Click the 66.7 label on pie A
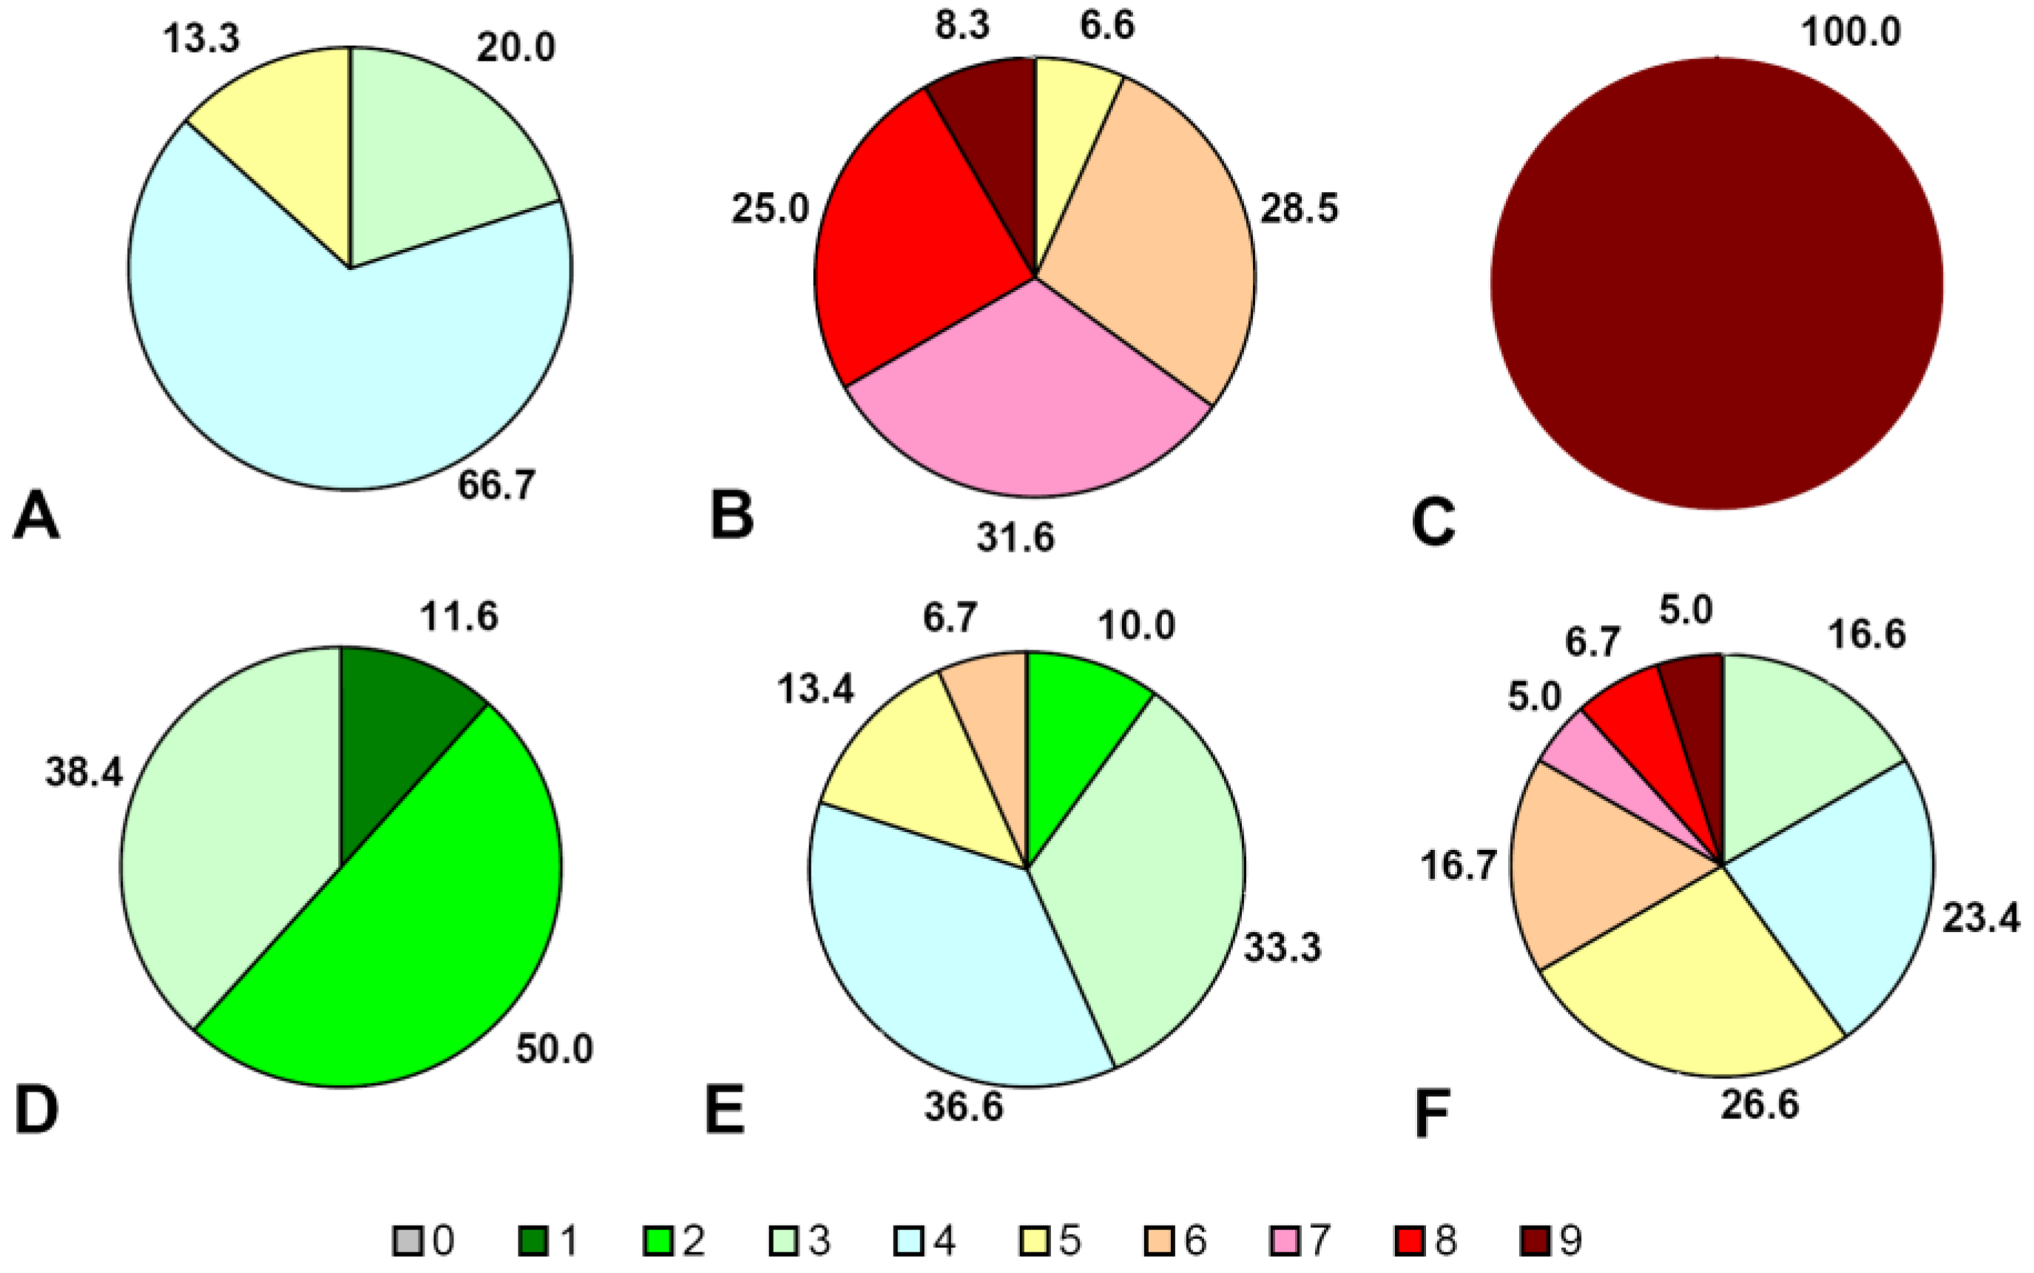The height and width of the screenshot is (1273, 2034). coord(496,486)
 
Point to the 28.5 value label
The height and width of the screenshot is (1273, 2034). coord(1298,208)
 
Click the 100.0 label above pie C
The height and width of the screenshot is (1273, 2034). coord(1851,33)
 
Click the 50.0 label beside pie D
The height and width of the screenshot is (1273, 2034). coord(554,1049)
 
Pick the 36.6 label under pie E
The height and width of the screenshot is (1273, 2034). coord(963,1107)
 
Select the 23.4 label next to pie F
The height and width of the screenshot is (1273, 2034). coord(1980,918)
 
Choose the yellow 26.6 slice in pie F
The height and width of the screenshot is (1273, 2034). coord(1692,993)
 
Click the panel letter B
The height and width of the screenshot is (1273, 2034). coord(731,516)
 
